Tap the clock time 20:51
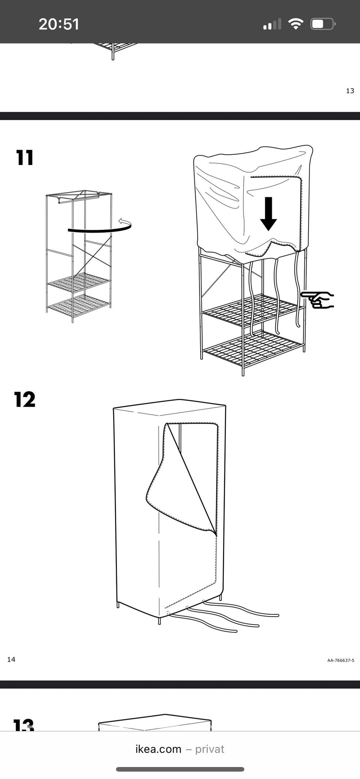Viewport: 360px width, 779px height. tap(59, 24)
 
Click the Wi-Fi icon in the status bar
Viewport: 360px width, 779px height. tap(295, 24)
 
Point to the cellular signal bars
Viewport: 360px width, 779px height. tap(272, 24)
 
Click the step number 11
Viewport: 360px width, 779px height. tap(25, 157)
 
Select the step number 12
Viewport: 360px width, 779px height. tap(25, 399)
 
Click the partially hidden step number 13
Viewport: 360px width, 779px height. tap(23, 724)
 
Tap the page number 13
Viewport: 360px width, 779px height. tap(350, 91)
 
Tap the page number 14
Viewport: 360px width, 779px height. tap(11, 659)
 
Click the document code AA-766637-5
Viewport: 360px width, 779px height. tap(340, 661)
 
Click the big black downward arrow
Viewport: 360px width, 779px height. tap(268, 214)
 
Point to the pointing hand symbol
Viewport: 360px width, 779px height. tap(317, 300)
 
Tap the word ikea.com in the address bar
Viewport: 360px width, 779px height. tap(158, 749)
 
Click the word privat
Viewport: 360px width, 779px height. tap(210, 749)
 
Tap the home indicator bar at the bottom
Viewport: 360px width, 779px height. tap(180, 769)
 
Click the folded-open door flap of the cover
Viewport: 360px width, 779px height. tap(181, 478)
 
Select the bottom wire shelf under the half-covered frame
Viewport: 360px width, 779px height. tap(253, 348)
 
